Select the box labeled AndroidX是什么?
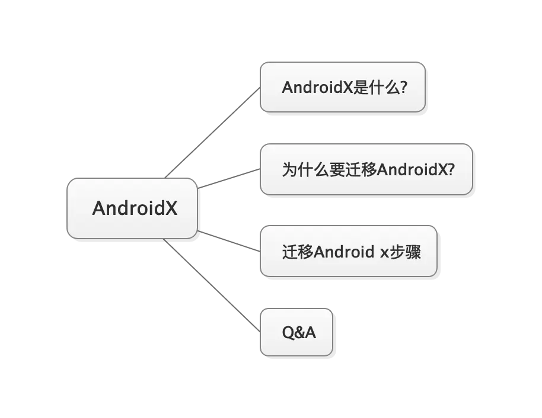tap(343, 87)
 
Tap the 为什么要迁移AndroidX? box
tap(366, 169)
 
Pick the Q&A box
tap(298, 332)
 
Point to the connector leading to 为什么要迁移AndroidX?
tap(228, 179)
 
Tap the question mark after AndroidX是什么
tap(404, 88)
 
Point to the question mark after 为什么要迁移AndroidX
tap(450, 170)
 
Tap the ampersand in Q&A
tap(299, 333)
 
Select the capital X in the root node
tap(171, 208)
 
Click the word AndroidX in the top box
tap(317, 88)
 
